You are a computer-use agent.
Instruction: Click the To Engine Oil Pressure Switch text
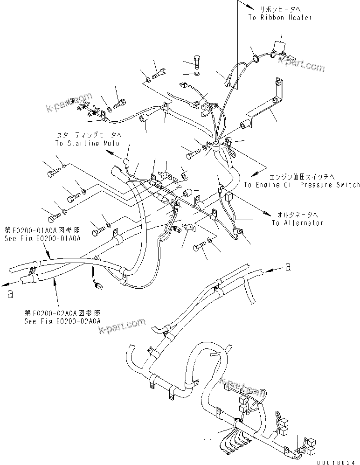[302, 185]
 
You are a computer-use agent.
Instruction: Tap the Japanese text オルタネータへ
[298, 215]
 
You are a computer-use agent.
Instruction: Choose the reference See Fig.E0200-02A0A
[62, 321]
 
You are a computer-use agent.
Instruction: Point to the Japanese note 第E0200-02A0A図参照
[62, 313]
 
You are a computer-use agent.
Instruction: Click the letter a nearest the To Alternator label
[289, 267]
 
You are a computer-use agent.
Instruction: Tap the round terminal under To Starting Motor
[125, 162]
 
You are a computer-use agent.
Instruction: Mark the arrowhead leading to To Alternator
[268, 213]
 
